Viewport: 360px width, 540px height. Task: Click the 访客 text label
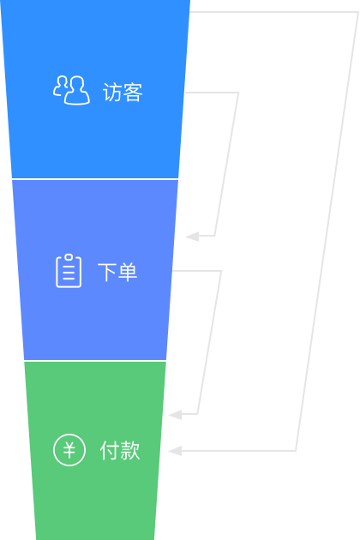[x=123, y=92]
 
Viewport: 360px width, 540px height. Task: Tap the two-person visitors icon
[x=72, y=90]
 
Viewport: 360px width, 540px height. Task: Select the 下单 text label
[x=117, y=272]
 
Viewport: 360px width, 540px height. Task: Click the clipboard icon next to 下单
[x=69, y=271]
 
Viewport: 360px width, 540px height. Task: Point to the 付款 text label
[x=120, y=450]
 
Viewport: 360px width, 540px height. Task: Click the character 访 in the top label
[x=112, y=92]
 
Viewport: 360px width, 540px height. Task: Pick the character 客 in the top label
[x=133, y=92]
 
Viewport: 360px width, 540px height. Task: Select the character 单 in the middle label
[x=128, y=272]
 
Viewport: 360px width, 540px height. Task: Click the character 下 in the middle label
[x=107, y=272]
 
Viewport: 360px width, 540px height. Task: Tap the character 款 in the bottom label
[x=130, y=450]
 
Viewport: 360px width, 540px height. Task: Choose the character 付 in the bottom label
[x=110, y=450]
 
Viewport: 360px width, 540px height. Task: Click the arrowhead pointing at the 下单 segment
[x=192, y=237]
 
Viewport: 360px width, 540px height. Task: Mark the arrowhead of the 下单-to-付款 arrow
[x=175, y=415]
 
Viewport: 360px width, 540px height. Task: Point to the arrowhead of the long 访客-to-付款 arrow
[x=175, y=451]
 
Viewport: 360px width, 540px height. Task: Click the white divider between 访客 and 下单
[x=95, y=179]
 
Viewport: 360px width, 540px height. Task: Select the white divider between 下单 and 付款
[x=95, y=361]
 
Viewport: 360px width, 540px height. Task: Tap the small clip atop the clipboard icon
[x=69, y=257]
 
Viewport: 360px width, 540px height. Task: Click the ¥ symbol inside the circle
[x=69, y=450]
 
